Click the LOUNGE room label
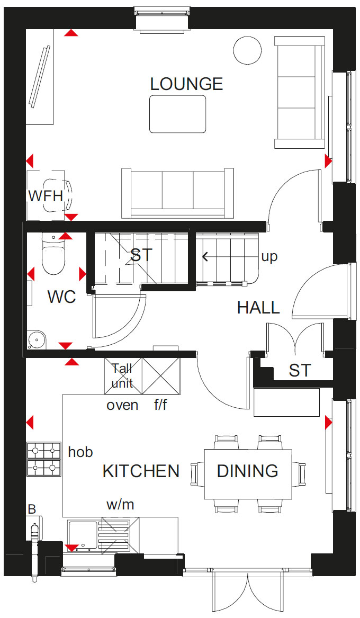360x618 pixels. (x=187, y=84)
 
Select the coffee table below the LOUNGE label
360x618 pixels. (x=178, y=114)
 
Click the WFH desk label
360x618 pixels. (x=46, y=195)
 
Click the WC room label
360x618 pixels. (x=62, y=297)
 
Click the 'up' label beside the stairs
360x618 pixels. (x=269, y=257)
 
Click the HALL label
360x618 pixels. (x=258, y=308)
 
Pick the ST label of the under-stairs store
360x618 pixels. (x=141, y=255)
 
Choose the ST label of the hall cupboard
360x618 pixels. (x=300, y=371)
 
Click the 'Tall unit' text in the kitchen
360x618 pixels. (x=122, y=375)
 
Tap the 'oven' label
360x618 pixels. (x=122, y=405)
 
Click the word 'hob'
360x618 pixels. (x=80, y=452)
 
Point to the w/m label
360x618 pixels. (x=121, y=504)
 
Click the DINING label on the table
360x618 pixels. (x=248, y=471)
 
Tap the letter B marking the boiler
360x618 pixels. (x=32, y=509)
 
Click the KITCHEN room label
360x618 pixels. (x=141, y=471)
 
